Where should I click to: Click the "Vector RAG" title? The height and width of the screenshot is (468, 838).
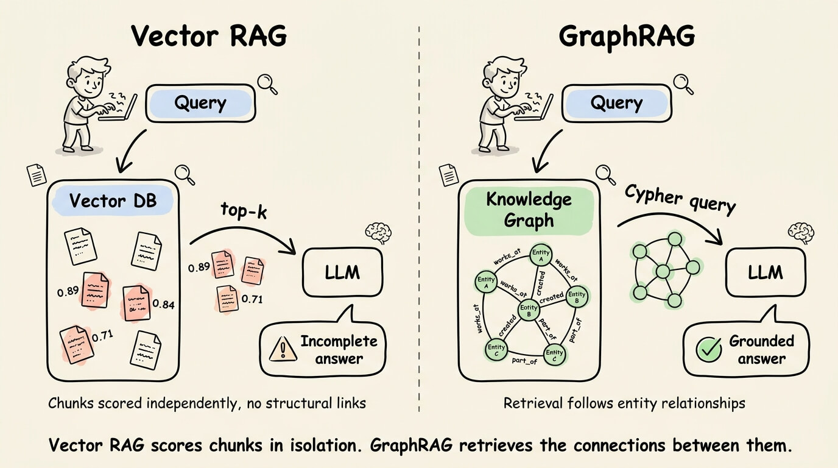point(209,37)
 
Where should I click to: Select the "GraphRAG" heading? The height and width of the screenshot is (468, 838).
point(627,37)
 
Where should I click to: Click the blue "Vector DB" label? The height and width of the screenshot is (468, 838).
point(113,200)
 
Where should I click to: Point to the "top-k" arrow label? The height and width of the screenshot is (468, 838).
point(244,212)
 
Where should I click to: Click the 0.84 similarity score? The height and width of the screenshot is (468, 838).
point(163,303)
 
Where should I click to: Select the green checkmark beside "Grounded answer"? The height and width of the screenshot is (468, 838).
point(708,349)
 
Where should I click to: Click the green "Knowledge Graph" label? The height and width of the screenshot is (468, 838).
point(529,210)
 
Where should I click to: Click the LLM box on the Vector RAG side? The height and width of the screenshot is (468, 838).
point(342,272)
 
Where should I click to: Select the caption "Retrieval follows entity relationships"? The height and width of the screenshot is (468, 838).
point(624,403)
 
